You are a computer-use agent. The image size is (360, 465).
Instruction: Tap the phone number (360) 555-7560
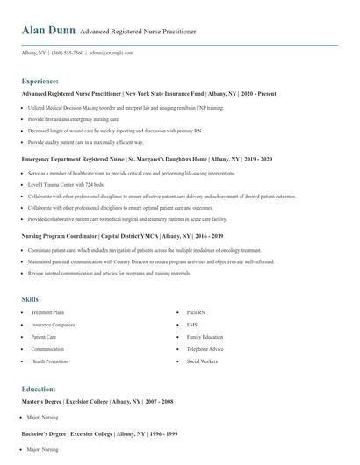coord(68,53)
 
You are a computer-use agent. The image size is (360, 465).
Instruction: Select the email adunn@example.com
coord(112,53)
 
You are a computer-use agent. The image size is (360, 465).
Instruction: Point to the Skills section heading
coord(31,299)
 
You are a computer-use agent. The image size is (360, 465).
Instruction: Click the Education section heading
coord(40,388)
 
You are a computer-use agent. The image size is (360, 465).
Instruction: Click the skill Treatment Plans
coord(48,312)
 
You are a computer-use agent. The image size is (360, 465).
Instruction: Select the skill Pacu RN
coord(196,312)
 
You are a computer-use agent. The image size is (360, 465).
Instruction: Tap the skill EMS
coord(192,325)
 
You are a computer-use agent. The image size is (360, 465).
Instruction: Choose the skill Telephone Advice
coord(205,349)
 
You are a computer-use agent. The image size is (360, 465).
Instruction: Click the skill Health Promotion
coord(50,361)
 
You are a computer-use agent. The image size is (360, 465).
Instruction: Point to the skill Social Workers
coord(203,361)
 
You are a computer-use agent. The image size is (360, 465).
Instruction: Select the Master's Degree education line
coord(97,401)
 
